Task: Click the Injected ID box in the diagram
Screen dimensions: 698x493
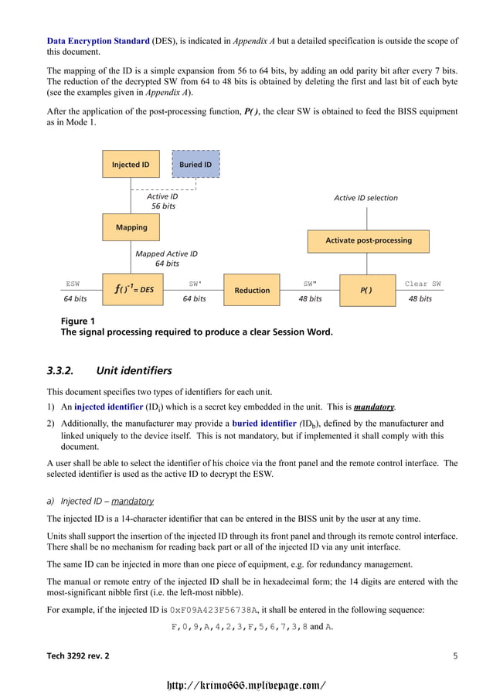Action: (131, 165)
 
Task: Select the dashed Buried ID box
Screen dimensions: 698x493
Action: (195, 165)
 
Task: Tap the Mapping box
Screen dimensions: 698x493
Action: (131, 228)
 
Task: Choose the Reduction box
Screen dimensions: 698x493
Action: (252, 290)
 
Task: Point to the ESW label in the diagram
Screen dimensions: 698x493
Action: (73, 284)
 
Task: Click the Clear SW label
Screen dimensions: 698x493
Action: (423, 284)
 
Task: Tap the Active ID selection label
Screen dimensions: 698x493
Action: (365, 198)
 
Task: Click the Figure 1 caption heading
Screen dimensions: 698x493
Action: (77, 321)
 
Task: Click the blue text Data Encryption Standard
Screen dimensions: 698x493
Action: (98, 40)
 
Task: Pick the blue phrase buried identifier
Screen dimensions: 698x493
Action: (264, 424)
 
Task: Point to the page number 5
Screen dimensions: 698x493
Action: (455, 656)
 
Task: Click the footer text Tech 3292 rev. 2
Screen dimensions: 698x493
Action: (78, 656)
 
